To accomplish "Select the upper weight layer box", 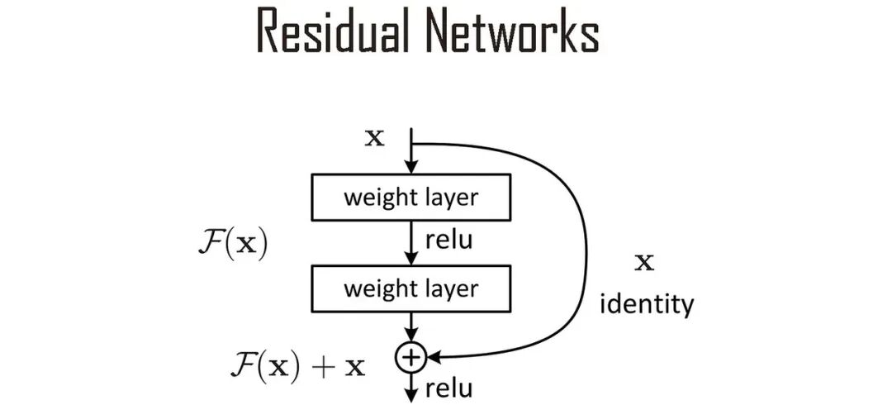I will [x=410, y=198].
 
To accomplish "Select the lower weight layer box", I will [x=410, y=289].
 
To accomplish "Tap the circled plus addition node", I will [x=410, y=357].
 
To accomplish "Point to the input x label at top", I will [x=375, y=137].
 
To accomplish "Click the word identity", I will [x=646, y=305].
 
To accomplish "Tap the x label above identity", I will [x=643, y=264].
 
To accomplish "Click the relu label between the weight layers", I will [x=448, y=241].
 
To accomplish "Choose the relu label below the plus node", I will [x=448, y=388].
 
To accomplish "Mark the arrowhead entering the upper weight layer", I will [x=410, y=169].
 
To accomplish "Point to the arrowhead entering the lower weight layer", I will [x=410, y=260].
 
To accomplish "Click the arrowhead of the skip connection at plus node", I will [x=431, y=357].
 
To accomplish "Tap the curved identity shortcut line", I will [x=585, y=248].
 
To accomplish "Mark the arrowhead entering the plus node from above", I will [x=410, y=337].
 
